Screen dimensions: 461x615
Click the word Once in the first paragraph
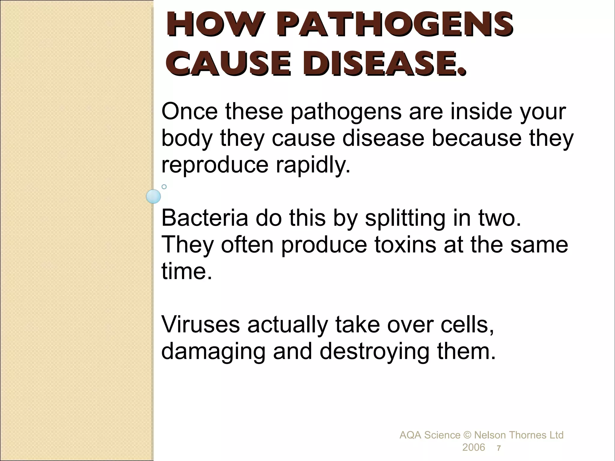189,111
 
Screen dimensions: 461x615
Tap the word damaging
213,352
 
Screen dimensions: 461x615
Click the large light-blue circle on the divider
153,197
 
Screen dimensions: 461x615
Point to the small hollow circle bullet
164,187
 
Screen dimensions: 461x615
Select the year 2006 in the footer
474,447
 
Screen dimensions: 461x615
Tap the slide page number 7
499,448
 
